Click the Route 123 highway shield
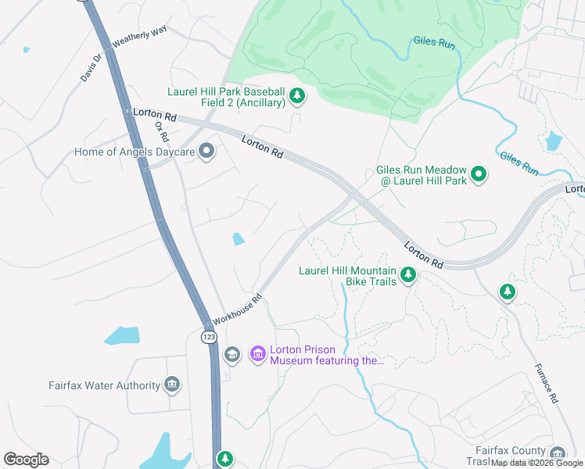pyautogui.click(x=209, y=337)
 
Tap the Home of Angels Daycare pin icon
pyautogui.click(x=206, y=151)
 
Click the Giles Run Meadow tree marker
pyautogui.click(x=479, y=175)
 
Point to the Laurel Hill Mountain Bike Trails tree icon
pyautogui.click(x=407, y=274)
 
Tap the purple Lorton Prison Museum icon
pyautogui.click(x=257, y=355)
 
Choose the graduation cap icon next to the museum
pyautogui.click(x=231, y=355)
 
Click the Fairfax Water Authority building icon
pyautogui.click(x=172, y=384)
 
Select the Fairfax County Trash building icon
pyautogui.click(x=557, y=454)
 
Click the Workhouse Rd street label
pyautogui.click(x=235, y=310)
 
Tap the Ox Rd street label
pyautogui.click(x=161, y=130)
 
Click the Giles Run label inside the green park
pyautogui.click(x=434, y=44)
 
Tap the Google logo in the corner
pyautogui.click(x=26, y=460)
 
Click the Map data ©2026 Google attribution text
pyautogui.click(x=537, y=463)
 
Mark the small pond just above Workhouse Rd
pyautogui.click(x=239, y=239)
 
